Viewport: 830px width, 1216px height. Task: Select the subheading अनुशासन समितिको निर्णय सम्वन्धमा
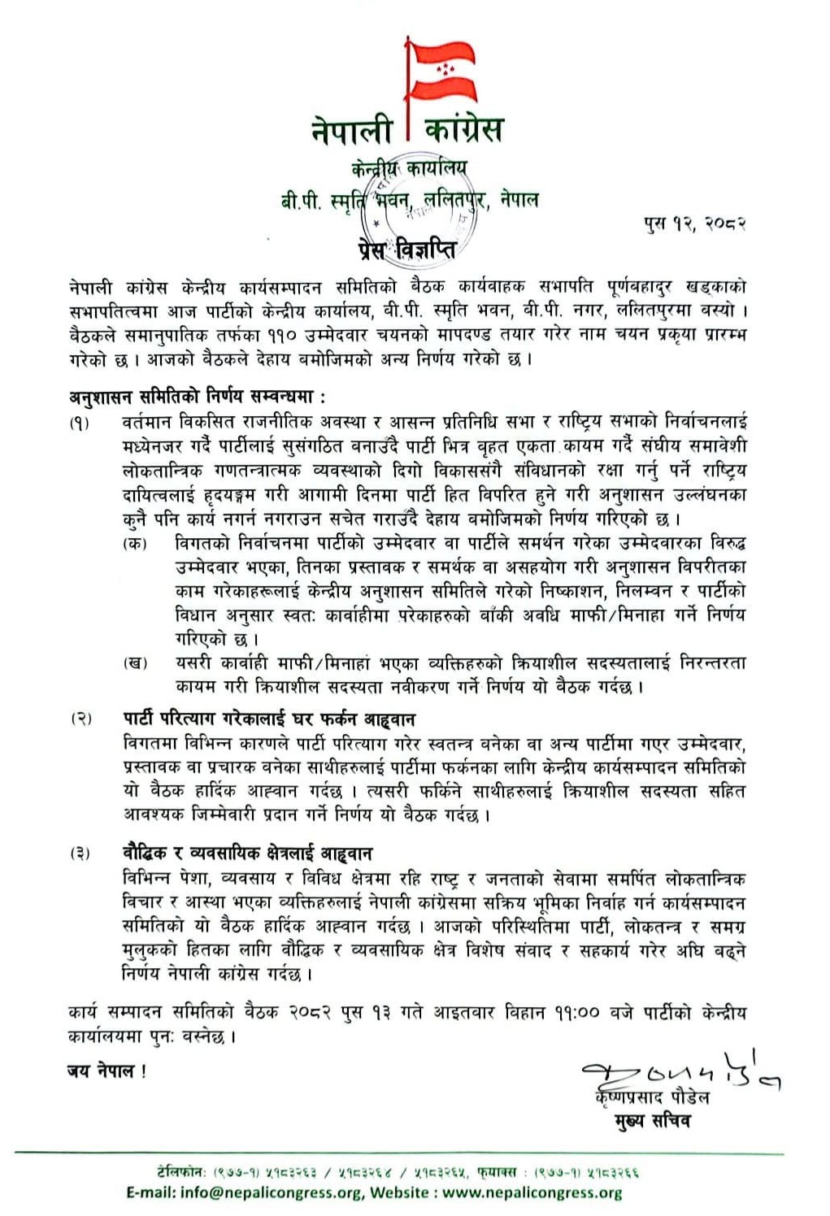tap(197, 397)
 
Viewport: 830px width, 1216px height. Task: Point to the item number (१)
tap(80, 423)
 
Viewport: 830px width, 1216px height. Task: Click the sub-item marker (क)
tap(134, 543)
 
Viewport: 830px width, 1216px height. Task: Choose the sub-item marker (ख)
tap(134, 663)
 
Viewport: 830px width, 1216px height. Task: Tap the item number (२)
tap(80, 719)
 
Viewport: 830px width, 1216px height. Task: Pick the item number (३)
tap(80, 853)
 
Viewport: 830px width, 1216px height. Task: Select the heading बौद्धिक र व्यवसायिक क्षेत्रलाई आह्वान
tap(247, 853)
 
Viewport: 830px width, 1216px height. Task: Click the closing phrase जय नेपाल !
tap(106, 1071)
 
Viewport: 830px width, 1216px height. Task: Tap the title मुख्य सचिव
tap(652, 1121)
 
